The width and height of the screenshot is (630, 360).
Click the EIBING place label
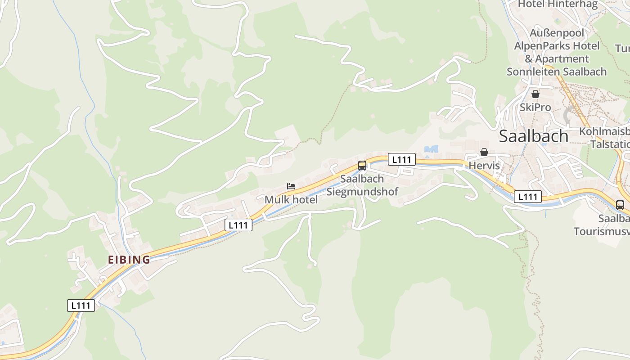click(x=129, y=260)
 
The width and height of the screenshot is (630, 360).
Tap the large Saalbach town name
click(x=534, y=136)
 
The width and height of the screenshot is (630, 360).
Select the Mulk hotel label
click(x=291, y=199)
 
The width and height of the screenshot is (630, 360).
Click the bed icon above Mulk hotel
click(x=291, y=186)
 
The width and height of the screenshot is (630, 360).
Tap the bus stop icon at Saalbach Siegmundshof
click(x=362, y=166)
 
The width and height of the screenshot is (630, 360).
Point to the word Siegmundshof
click(x=362, y=192)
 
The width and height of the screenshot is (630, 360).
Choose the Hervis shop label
click(x=484, y=166)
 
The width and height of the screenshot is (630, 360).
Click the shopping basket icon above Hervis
click(x=484, y=152)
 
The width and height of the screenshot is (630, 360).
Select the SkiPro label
click(x=535, y=108)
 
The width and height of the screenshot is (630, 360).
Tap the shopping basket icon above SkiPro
click(x=535, y=94)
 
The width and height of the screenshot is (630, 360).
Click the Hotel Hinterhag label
click(x=558, y=4)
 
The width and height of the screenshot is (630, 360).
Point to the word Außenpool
click(x=557, y=33)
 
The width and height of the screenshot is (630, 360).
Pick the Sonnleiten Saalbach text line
click(x=557, y=72)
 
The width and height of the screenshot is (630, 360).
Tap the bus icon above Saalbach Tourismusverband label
click(x=620, y=205)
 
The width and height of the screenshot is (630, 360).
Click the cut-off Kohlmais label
click(x=604, y=131)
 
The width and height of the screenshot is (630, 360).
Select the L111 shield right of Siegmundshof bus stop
click(x=401, y=159)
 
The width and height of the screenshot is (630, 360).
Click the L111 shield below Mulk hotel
click(x=238, y=225)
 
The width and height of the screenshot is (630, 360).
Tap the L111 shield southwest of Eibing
click(x=81, y=305)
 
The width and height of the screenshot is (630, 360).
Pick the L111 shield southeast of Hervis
click(x=528, y=197)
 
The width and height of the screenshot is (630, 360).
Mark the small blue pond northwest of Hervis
click(x=431, y=149)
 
